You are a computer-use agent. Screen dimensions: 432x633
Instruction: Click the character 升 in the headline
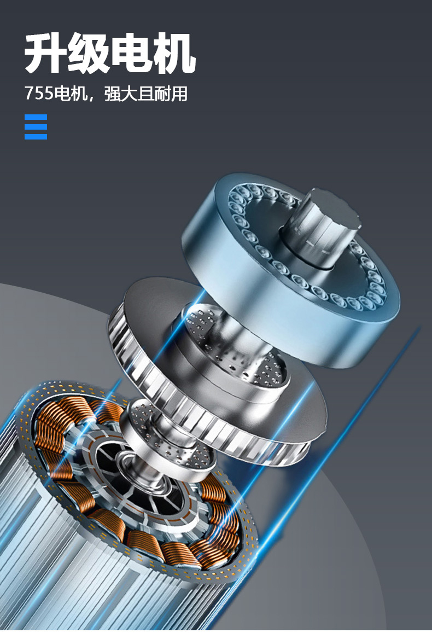coord(45,53)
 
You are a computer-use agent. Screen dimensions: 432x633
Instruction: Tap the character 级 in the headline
coord(88,53)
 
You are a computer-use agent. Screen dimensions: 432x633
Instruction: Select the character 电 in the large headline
coord(131,53)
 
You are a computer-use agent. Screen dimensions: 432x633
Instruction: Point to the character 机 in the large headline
coord(174,53)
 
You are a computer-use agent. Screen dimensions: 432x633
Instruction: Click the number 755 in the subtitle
coord(39,93)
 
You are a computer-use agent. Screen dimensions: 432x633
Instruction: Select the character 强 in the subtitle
coord(113,93)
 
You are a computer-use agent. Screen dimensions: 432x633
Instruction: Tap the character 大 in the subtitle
coord(129,93)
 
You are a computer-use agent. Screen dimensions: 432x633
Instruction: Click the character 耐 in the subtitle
coord(162,93)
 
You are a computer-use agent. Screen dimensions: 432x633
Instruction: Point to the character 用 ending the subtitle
coord(179,93)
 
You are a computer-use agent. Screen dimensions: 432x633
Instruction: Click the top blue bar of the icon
coord(36,117)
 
